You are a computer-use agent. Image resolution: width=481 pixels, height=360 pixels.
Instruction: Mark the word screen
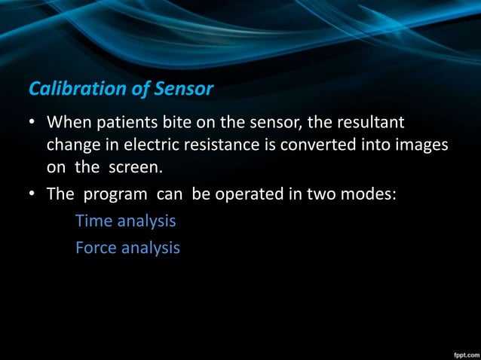coord(137,165)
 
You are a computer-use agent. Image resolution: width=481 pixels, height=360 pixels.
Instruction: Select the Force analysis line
coord(127,246)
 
